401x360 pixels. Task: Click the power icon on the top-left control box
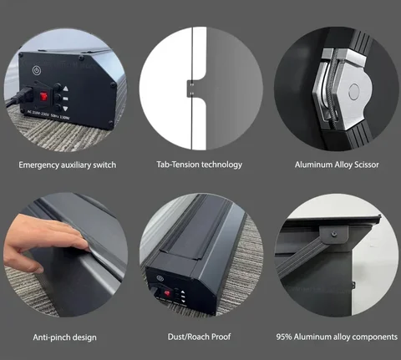(37, 70)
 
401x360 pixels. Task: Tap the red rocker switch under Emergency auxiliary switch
(43, 96)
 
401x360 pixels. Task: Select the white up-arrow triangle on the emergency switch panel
(66, 89)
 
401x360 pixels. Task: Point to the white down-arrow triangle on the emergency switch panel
(66, 109)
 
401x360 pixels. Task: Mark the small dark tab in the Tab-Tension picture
(190, 89)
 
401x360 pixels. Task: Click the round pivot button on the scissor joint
(354, 90)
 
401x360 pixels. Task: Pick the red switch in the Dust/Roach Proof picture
(167, 293)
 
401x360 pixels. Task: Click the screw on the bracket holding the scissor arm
(333, 234)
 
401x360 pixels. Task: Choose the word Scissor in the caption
(367, 165)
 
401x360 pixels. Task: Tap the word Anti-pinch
(49, 337)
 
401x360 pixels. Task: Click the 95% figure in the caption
(284, 337)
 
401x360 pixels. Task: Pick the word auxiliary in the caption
(76, 165)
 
